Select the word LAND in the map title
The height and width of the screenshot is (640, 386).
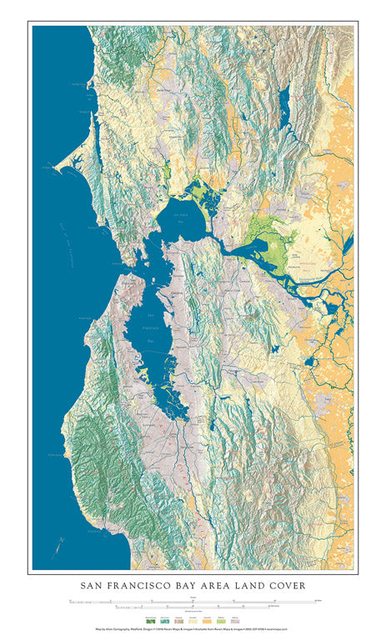(249, 586)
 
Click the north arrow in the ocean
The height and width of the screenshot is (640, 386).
(60, 546)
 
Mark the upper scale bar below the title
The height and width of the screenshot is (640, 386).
(193, 599)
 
